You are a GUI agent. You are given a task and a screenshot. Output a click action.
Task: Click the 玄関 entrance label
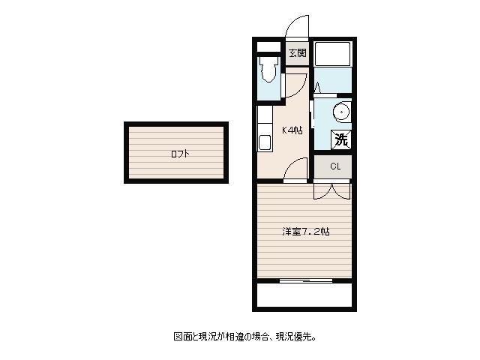298,53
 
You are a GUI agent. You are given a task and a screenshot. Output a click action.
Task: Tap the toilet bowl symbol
268,69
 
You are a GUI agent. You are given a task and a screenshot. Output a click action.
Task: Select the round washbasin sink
341,112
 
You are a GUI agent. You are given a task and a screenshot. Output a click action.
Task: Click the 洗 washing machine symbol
341,140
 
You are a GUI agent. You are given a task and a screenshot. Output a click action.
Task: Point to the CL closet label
335,166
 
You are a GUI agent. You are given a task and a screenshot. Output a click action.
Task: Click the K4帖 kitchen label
292,130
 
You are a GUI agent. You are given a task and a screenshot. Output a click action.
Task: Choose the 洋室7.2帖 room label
306,232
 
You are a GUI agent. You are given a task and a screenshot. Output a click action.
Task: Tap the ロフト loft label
180,154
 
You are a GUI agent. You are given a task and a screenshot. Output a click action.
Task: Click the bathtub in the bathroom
332,54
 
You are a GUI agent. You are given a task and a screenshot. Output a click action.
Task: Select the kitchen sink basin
265,142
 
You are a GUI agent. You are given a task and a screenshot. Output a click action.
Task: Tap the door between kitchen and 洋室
295,170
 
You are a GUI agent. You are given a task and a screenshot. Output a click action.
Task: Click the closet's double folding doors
331,191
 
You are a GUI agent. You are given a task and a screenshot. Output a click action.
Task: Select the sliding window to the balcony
306,280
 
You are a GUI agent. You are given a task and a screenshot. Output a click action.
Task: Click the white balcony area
304,295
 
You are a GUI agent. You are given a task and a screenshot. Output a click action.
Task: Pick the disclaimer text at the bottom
245,337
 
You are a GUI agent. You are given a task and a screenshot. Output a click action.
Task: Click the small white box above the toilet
268,46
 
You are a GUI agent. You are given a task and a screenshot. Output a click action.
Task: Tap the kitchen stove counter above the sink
265,119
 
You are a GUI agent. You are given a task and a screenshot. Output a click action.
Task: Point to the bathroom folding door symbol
317,87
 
